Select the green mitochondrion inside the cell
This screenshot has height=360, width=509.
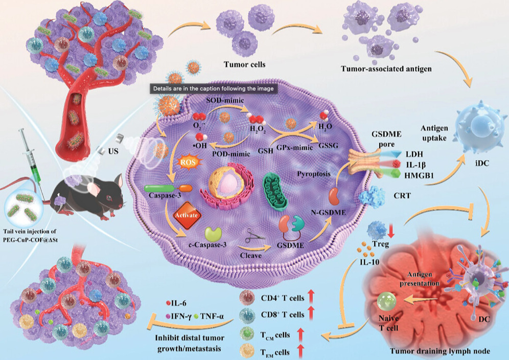tap(272, 191)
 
